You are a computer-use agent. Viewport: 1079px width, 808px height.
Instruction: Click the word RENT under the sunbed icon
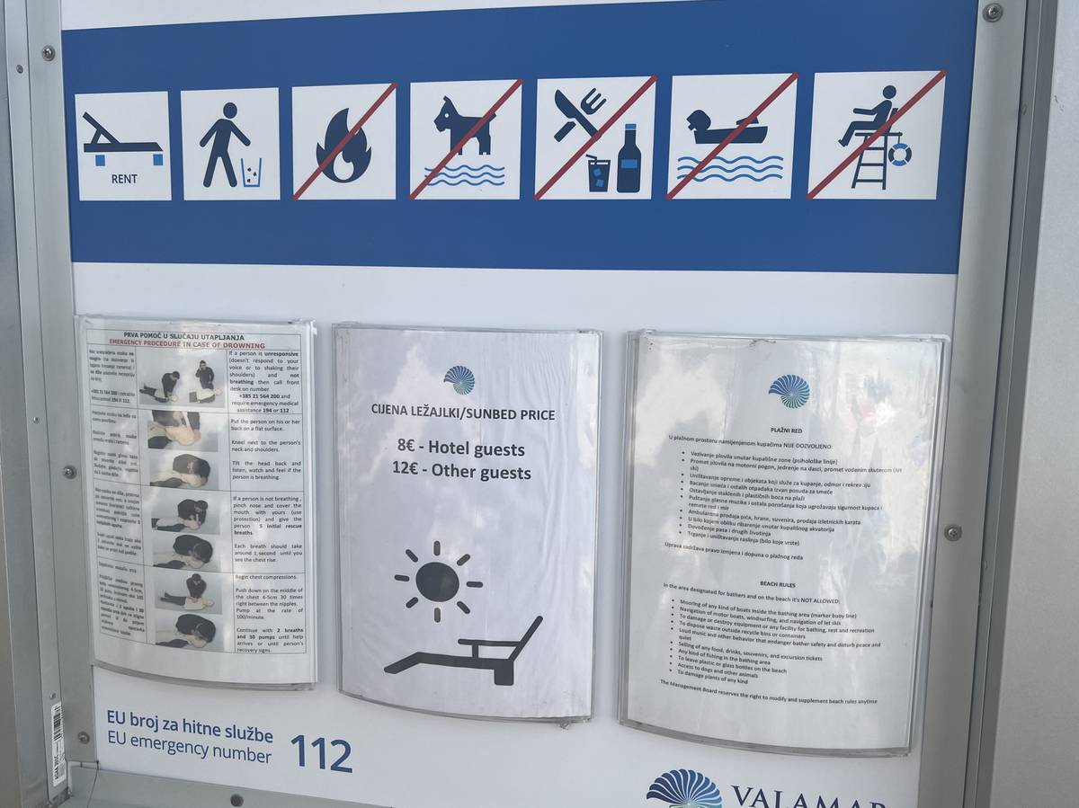[124, 179]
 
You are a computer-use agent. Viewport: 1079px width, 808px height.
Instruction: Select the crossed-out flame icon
[343, 142]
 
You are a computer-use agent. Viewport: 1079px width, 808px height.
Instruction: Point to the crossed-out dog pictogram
[465, 139]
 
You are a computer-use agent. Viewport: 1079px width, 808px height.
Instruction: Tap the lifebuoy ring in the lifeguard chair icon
[899, 155]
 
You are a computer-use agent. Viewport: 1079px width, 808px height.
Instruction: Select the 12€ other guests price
[461, 472]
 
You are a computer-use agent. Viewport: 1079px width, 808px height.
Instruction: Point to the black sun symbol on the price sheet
[438, 582]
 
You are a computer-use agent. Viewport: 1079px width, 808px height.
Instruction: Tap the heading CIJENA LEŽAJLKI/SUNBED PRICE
[463, 413]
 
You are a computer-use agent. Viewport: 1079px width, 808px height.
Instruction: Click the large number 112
[321, 754]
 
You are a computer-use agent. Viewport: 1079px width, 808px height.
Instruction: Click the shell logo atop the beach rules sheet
[789, 391]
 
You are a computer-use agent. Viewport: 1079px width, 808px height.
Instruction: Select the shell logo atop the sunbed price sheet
[459, 379]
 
